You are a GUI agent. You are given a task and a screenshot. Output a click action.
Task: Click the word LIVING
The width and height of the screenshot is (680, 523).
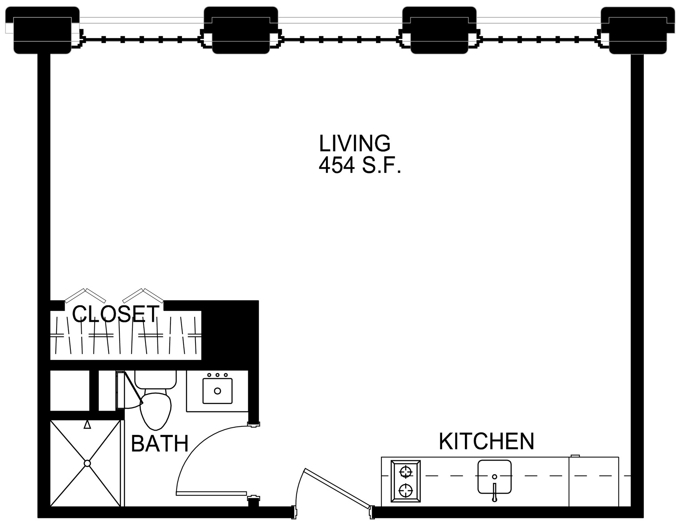point(354,143)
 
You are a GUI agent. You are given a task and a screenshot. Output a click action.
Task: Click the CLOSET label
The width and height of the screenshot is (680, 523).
point(115,314)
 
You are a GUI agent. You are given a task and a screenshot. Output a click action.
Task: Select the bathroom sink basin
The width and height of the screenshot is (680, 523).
point(217,391)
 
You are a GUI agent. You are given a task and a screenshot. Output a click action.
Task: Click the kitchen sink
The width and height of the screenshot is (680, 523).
point(495,477)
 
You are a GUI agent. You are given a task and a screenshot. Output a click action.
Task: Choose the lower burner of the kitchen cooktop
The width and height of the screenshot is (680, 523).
point(406,491)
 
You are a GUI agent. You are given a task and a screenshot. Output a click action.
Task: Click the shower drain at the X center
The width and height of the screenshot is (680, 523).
point(87,463)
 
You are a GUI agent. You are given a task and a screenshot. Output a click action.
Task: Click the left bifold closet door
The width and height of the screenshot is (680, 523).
point(85,295)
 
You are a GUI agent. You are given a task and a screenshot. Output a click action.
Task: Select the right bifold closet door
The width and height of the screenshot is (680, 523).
point(143,295)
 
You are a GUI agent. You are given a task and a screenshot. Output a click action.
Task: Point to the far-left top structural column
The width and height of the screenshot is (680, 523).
point(42,30)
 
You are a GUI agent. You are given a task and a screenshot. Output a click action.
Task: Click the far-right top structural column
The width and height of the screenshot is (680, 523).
point(638,30)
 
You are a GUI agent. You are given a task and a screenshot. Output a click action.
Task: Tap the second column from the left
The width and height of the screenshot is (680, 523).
point(241,30)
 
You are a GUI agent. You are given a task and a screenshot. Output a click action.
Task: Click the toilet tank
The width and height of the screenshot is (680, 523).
point(155,379)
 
